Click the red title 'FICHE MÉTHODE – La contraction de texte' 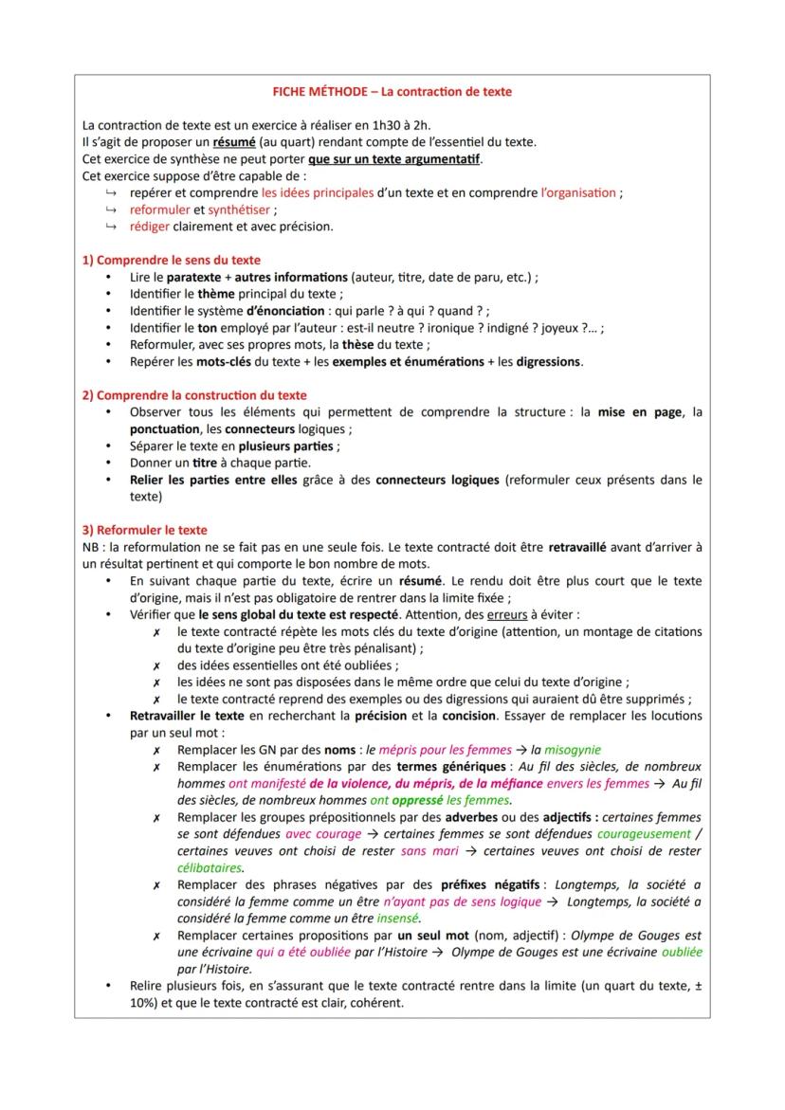[x=392, y=92]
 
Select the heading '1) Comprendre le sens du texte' [x=172, y=260]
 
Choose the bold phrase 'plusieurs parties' [x=286, y=446]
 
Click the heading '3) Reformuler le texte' [x=145, y=530]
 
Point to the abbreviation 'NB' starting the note [x=91, y=547]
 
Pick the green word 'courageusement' [x=646, y=833]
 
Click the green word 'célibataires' [x=210, y=866]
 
